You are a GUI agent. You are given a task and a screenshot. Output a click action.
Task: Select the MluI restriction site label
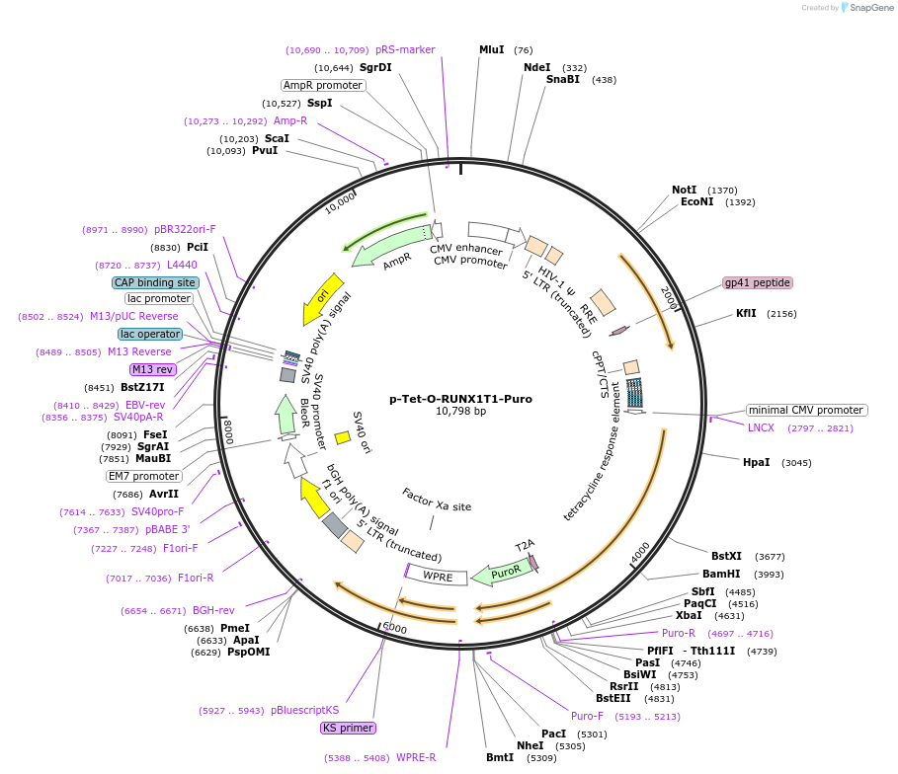pos(491,49)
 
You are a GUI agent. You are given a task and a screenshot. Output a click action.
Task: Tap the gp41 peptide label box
pos(758,283)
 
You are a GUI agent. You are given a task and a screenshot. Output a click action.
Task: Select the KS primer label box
pos(348,729)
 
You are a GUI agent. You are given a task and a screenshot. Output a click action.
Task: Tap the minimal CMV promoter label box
pos(806,410)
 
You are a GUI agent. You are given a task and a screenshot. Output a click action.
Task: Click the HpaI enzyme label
pos(756,462)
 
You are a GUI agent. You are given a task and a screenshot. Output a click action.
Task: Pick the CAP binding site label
pos(155,282)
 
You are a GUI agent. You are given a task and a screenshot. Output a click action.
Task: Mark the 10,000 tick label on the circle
pos(340,202)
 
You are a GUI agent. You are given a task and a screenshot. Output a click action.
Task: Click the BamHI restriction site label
pos(721,574)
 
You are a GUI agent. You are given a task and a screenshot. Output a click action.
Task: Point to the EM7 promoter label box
pos(144,476)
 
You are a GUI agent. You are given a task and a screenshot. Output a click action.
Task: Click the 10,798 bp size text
pos(460,412)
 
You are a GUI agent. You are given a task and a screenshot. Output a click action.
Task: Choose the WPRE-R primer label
pos(416,758)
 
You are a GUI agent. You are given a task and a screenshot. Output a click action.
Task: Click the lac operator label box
pos(151,334)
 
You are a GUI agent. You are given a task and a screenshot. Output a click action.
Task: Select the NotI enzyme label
pos(684,190)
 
